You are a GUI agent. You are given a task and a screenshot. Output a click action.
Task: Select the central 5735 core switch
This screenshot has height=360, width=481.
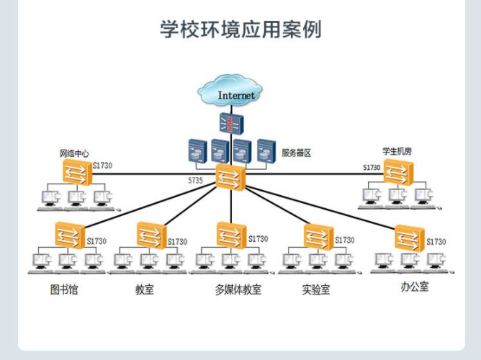coord(231,176)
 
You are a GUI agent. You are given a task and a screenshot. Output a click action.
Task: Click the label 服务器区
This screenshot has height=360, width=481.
coord(295,153)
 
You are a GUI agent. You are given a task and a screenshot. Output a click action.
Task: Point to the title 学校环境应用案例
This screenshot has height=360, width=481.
coord(240,30)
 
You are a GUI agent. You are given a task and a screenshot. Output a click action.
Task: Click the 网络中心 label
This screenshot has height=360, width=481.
coord(74,153)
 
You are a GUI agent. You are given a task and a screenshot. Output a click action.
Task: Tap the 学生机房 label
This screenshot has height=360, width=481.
coord(397,151)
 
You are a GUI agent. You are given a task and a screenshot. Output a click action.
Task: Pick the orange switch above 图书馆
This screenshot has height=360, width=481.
coord(70,233)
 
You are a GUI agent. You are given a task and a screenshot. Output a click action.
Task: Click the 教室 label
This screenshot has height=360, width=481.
coord(144,290)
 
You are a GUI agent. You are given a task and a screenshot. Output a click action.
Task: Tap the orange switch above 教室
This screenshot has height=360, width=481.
coord(151,234)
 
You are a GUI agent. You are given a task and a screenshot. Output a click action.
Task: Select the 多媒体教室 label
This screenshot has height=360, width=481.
coord(238,290)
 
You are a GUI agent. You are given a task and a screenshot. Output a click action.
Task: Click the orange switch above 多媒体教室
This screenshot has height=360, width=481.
coord(231,234)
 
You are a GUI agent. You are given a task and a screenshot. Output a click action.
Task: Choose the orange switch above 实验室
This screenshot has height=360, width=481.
coord(318,235)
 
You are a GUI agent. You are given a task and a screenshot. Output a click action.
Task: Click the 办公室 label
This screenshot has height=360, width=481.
coord(414,287)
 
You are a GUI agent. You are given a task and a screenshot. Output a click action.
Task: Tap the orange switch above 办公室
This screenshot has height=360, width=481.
coord(409,238)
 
